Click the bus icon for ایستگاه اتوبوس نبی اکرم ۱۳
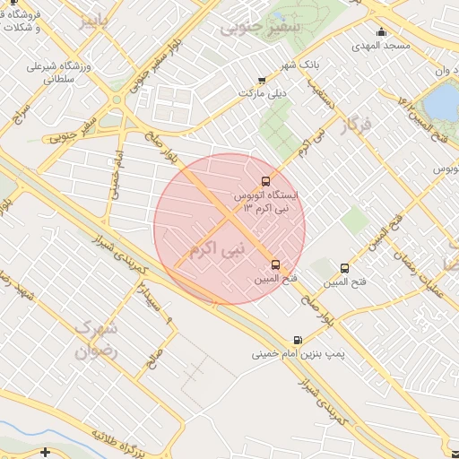tap(264, 182)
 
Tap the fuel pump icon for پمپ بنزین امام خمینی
tap(297, 340)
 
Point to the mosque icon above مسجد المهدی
tap(381, 33)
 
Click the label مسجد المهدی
tap(380, 46)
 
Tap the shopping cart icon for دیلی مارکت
tap(261, 80)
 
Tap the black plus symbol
tap(46, 451)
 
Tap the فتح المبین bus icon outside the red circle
tap(345, 268)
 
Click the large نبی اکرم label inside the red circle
tap(218, 243)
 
